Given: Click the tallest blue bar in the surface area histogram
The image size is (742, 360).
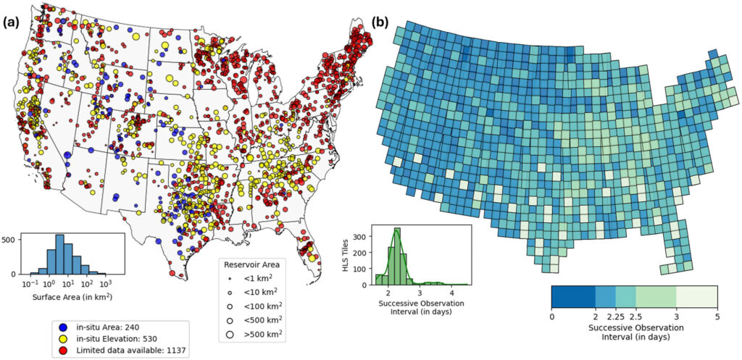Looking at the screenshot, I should point(60,254).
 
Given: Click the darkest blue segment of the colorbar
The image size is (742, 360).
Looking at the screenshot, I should point(573,297).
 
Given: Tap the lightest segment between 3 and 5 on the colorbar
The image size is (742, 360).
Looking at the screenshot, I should point(696,297).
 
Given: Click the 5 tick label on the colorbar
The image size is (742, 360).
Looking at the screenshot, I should point(717,316).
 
